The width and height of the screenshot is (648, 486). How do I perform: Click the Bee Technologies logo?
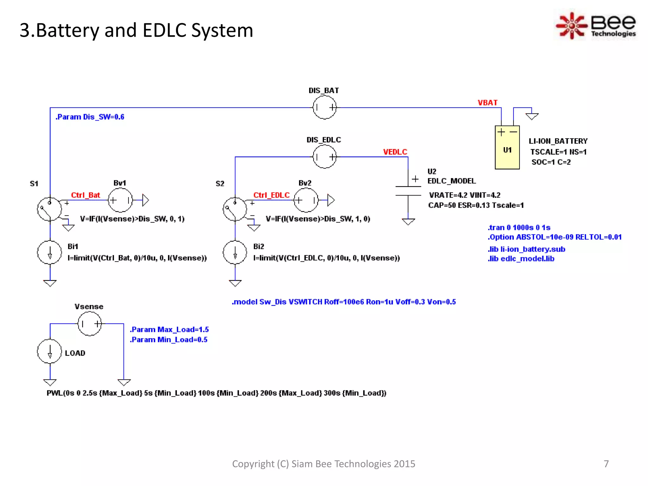596,25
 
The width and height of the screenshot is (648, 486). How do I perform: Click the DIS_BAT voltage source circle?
324,108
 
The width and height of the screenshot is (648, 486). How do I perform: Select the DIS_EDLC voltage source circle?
324,157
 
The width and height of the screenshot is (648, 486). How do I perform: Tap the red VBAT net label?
487,103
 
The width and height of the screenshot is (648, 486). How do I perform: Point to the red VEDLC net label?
395,152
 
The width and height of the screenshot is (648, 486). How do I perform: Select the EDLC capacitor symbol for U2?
408,191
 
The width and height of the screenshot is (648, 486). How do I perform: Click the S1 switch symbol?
49,209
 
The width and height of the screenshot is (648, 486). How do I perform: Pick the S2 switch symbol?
235,209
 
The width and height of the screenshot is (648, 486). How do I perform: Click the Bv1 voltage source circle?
120,200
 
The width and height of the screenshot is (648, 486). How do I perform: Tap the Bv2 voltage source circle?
306,200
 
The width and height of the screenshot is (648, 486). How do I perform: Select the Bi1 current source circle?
49,252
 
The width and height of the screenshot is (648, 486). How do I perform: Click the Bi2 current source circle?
235,252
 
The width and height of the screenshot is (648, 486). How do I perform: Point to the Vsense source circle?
90,324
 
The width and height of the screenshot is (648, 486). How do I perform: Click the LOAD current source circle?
49,351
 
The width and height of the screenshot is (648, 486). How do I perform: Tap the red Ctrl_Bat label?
85,195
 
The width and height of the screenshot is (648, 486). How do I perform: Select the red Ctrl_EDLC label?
271,195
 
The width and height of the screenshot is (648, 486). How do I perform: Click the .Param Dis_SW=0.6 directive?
90,117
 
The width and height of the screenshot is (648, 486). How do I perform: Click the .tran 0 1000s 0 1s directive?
519,227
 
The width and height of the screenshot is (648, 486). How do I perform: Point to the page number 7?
606,464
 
